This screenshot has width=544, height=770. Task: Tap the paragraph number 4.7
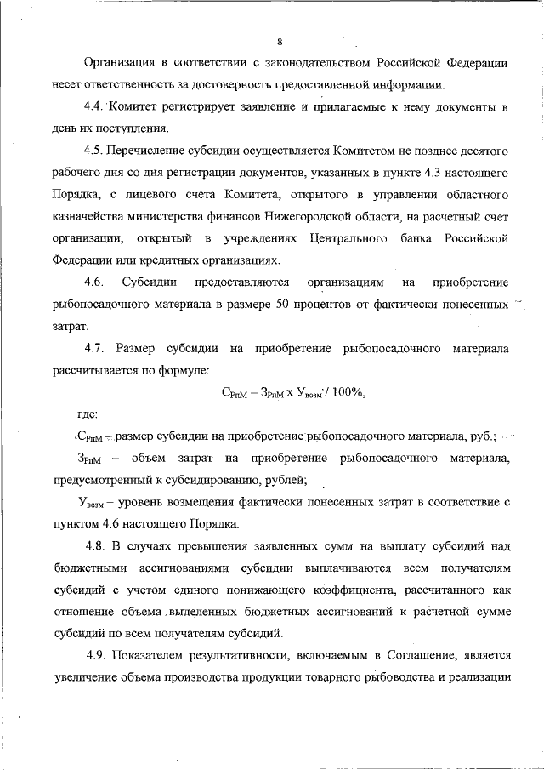point(96,347)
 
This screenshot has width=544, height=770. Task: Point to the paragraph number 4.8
point(99,545)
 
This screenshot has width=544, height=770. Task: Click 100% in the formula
point(344,391)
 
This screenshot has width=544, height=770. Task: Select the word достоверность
point(224,85)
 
